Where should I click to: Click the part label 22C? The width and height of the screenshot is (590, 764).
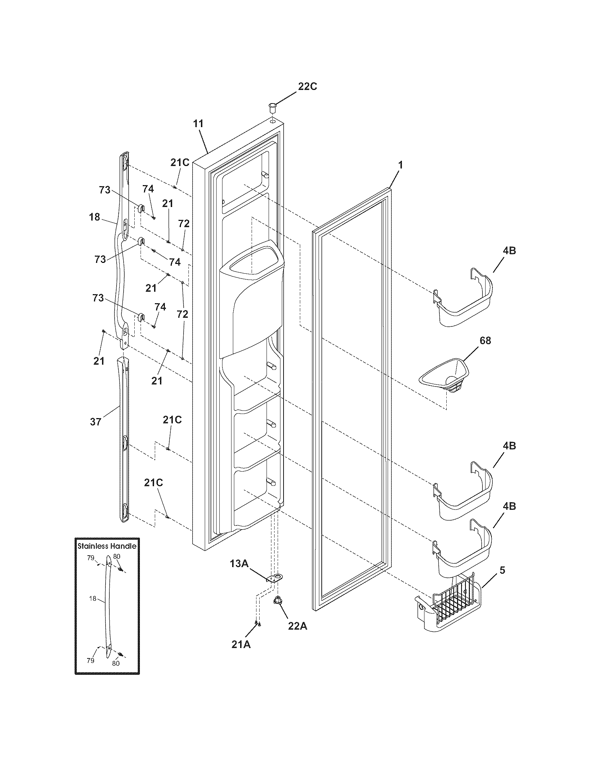point(307,86)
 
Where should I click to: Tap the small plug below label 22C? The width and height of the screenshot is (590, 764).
point(272,107)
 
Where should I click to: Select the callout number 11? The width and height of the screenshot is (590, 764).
point(199,124)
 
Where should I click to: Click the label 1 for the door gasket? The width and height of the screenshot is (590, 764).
point(401,165)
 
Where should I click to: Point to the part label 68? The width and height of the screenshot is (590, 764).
point(485,340)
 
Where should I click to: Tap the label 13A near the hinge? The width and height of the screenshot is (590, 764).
point(239,564)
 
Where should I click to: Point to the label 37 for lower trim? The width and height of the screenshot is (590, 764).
point(96,422)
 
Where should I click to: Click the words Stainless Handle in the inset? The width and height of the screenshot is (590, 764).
point(107,546)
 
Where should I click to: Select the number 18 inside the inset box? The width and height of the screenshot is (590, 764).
point(92,599)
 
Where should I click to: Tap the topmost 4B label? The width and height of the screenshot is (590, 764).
point(509,250)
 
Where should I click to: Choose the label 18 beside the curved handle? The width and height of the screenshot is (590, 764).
point(94,217)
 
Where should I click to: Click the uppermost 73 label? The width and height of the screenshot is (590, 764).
point(104,190)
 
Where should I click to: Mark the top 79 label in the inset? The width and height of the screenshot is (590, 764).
point(91,558)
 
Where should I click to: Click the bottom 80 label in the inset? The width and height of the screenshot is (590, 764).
point(116,663)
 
